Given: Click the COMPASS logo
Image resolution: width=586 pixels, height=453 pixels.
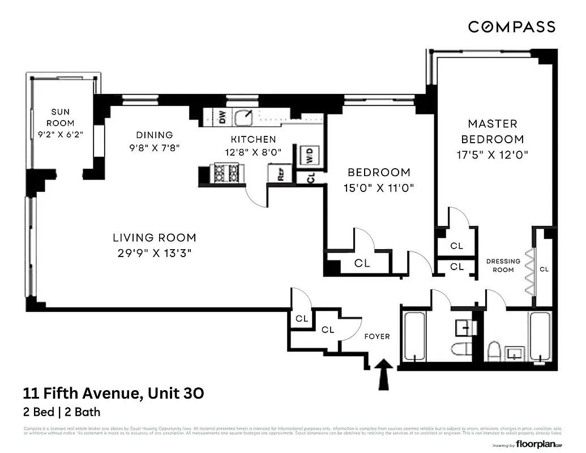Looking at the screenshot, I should tap(511, 26).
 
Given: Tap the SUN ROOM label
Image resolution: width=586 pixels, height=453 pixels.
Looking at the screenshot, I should tap(60, 117).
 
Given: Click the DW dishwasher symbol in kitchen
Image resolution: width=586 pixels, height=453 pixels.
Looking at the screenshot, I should tap(223, 117).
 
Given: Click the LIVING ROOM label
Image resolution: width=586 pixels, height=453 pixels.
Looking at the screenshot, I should tap(154, 238).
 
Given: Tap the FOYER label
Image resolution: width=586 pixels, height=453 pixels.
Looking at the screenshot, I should tap(377, 336).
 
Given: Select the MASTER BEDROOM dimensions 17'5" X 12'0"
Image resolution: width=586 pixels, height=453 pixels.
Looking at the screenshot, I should tap(491, 155).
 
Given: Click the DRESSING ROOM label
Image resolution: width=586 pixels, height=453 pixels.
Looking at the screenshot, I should tap(503, 266).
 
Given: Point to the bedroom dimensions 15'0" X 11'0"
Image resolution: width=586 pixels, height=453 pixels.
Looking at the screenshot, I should tap(378, 188).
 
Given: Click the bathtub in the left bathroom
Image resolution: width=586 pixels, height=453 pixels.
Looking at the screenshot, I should tap(416, 337).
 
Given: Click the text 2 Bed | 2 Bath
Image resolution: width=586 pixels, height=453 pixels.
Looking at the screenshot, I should tap(61, 412).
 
